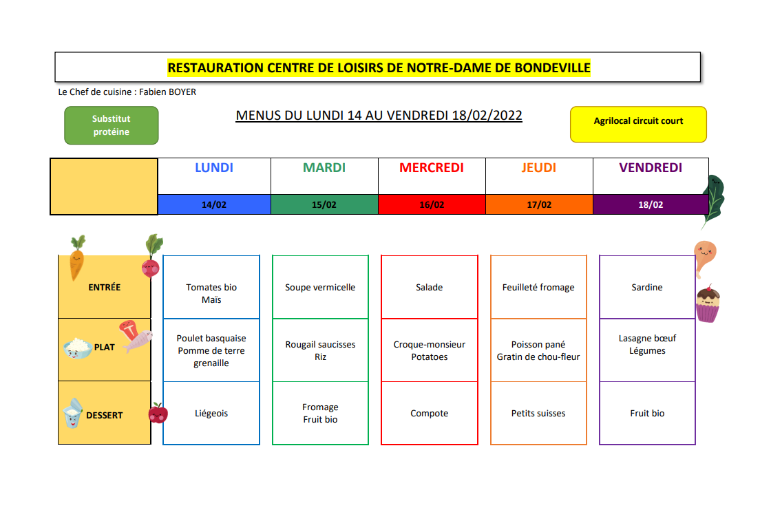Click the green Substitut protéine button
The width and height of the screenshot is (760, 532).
tap(112, 125)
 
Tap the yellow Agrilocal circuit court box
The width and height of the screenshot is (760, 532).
tap(638, 125)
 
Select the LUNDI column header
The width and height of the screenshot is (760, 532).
tap(214, 168)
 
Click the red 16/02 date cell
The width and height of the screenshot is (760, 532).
tap(432, 204)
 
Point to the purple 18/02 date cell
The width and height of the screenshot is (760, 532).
tap(651, 204)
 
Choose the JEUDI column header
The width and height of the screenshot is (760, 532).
tap(539, 168)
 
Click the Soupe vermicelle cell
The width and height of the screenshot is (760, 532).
tap(320, 287)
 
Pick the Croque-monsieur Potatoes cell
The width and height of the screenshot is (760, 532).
tap(430, 350)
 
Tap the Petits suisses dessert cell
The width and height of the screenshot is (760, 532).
tap(538, 413)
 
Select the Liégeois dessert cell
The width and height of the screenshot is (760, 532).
tap(211, 413)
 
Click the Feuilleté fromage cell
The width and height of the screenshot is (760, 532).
tap(538, 287)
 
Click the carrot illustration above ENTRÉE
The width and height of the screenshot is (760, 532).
tap(76, 258)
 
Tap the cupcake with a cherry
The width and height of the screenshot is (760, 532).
tap(708, 304)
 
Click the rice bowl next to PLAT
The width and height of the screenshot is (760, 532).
tap(78, 348)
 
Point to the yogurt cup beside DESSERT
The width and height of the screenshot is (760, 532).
tap(73, 414)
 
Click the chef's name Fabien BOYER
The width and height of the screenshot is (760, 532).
tap(168, 92)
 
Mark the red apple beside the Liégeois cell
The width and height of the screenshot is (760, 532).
tap(158, 413)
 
